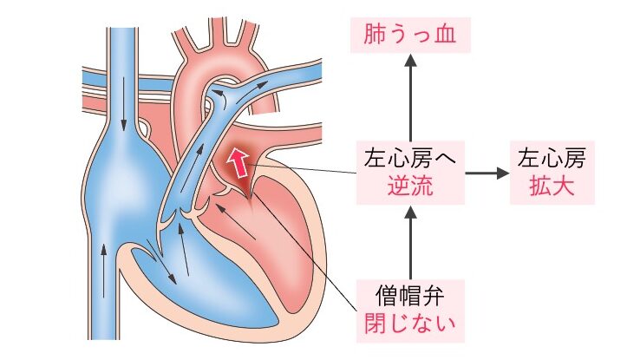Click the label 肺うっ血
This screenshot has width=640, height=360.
pyautogui.click(x=408, y=37)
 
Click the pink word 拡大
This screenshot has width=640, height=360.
pyautogui.click(x=551, y=187)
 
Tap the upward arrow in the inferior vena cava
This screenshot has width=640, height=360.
pyautogui.click(x=103, y=260)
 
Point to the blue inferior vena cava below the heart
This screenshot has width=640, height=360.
pyautogui.click(x=103, y=304)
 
